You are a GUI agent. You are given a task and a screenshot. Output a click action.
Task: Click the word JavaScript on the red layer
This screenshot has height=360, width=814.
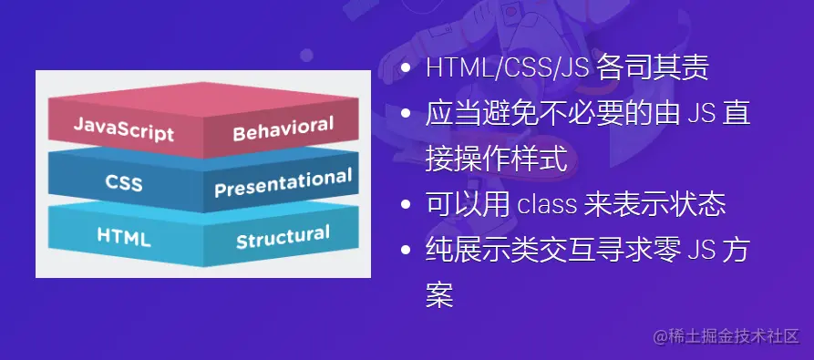pos(124,129)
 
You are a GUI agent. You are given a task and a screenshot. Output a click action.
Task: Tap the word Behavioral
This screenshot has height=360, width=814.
pos(283,129)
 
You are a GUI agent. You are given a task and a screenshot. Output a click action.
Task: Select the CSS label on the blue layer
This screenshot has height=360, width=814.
pos(124,182)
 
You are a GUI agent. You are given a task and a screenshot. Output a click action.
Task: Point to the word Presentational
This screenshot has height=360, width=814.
pos(283,182)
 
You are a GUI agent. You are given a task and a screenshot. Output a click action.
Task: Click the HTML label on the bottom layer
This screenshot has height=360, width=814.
pos(124,237)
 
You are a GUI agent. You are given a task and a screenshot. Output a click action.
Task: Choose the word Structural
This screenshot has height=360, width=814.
pos(283,237)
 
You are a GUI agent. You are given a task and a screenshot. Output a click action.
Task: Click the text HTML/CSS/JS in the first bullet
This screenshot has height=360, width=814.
pos(507,68)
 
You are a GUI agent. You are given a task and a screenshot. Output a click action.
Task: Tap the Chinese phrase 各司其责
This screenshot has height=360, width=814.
pos(652,68)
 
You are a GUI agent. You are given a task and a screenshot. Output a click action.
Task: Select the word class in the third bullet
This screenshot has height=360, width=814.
pos(547,205)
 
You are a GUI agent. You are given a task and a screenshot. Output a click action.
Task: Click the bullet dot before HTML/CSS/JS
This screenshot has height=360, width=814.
pos(406,68)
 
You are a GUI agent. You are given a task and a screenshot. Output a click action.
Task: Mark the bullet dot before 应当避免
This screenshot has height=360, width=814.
pos(406,113)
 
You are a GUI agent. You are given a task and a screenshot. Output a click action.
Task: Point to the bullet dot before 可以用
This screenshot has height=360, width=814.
pos(406,204)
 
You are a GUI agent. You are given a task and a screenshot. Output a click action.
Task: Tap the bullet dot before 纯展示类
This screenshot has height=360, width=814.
pos(406,250)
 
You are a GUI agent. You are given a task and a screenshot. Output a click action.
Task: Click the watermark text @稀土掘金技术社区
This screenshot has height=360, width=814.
pos(726,336)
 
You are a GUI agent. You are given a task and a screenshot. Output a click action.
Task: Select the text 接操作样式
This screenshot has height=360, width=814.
pos(496,159)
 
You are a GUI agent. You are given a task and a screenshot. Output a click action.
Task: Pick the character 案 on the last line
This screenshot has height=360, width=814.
pos(439,295)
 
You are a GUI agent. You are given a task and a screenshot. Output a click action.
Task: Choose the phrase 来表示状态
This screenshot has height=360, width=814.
pos(654,205)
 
